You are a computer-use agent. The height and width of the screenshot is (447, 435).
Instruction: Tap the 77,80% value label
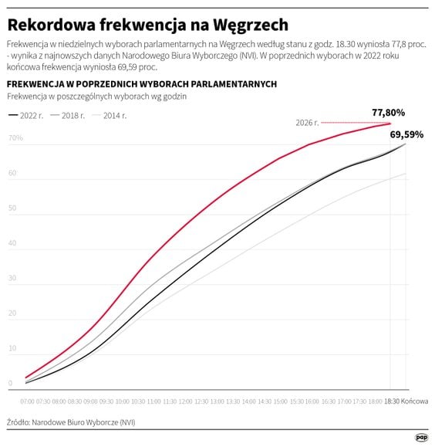coord(388,112)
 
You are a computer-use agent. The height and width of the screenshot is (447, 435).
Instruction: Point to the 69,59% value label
coord(406,134)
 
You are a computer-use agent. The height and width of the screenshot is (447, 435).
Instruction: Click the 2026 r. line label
coord(308,123)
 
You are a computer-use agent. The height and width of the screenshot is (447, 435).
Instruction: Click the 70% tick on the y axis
coord(15,139)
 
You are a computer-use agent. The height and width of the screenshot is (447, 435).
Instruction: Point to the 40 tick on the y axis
coord(12,243)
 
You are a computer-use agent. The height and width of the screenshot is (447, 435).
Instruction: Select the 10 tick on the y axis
coord(12,348)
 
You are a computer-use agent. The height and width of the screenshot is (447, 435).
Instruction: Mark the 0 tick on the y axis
coord(10,383)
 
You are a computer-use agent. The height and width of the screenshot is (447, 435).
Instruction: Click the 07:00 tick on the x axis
coord(27,401)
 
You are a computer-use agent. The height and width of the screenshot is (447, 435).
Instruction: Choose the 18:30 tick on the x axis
coord(392,401)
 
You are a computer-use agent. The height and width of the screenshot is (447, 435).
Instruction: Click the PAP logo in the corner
coord(421,436)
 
